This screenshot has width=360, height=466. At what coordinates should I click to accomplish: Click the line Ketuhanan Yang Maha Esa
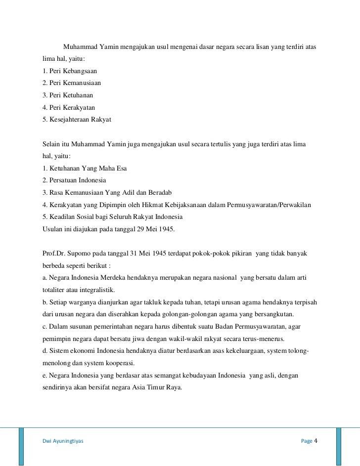point(85,168)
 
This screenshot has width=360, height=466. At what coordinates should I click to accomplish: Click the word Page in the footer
point(307,441)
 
